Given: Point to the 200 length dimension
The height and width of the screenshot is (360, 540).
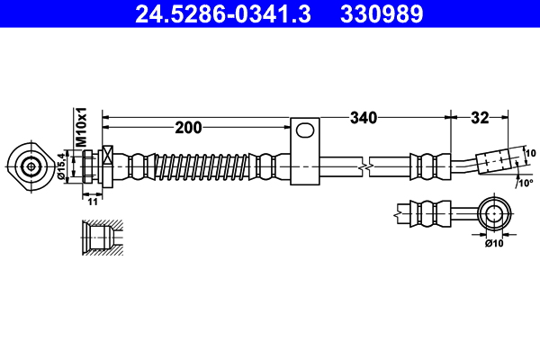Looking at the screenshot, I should point(188,127).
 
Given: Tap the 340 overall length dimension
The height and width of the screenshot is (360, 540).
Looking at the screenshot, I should point(364,117).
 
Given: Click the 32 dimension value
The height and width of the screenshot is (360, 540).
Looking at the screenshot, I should point(480,117).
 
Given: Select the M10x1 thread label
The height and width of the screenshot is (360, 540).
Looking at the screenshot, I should point(80,128).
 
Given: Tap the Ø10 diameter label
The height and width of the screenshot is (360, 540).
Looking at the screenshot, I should point(494,242).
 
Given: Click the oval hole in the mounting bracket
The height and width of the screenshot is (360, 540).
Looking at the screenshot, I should point(306,130).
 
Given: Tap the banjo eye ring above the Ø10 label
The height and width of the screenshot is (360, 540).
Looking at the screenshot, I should point(493,214).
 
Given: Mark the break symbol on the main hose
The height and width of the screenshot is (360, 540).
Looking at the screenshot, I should point(364,166).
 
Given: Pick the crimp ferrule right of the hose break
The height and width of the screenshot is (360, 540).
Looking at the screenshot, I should point(427,166).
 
